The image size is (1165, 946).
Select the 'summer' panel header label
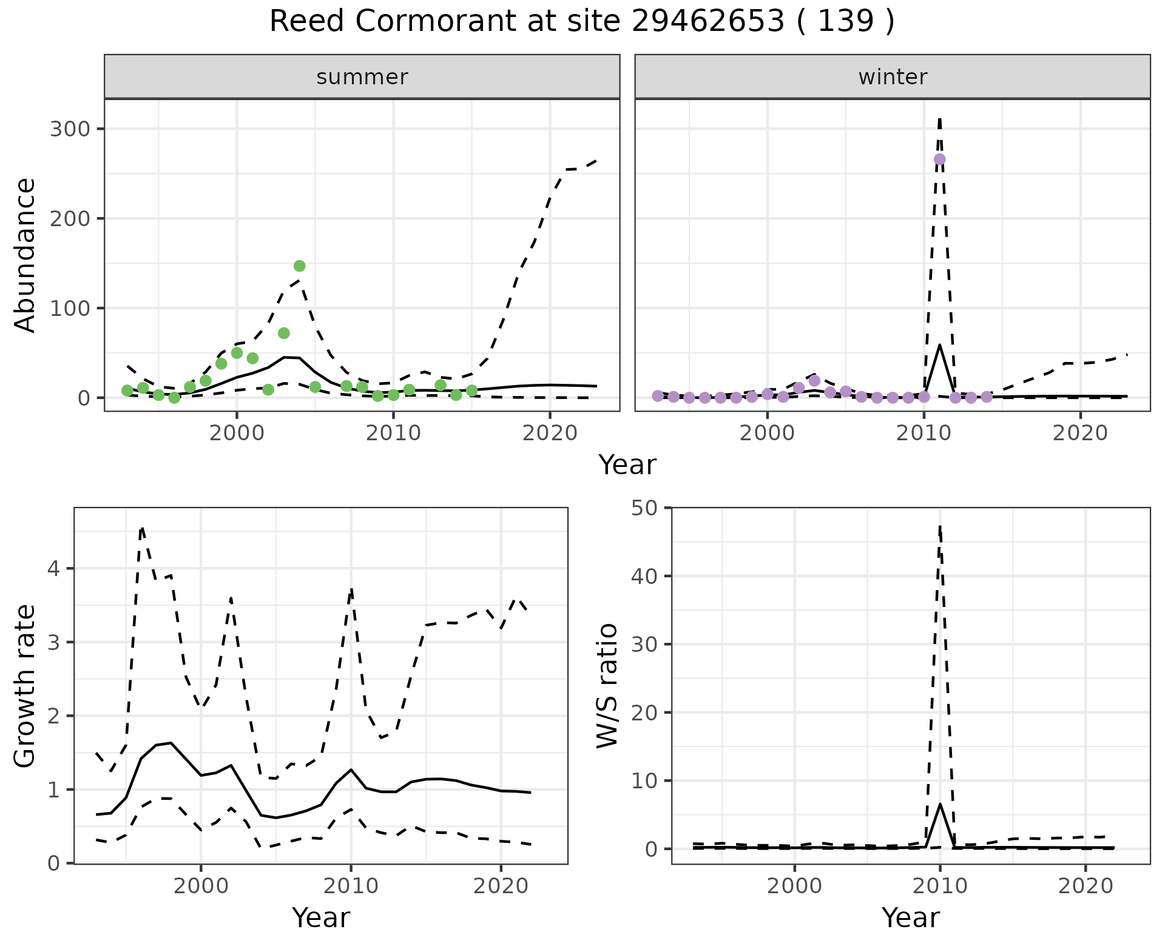click(362, 77)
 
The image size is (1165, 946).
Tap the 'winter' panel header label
click(892, 77)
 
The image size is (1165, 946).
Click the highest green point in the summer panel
click(299, 266)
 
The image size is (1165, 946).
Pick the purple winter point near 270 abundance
click(939, 159)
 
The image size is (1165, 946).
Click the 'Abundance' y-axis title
click(25, 255)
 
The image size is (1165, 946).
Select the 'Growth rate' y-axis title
click(25, 685)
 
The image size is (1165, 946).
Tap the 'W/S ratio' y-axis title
click(607, 685)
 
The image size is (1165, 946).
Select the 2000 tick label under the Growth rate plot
click(201, 886)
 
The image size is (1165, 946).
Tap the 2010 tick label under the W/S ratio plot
click(940, 886)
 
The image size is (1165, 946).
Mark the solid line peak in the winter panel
click(939, 345)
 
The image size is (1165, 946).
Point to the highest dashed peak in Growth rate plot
click(141, 528)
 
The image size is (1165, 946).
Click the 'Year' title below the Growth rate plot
click(320, 917)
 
